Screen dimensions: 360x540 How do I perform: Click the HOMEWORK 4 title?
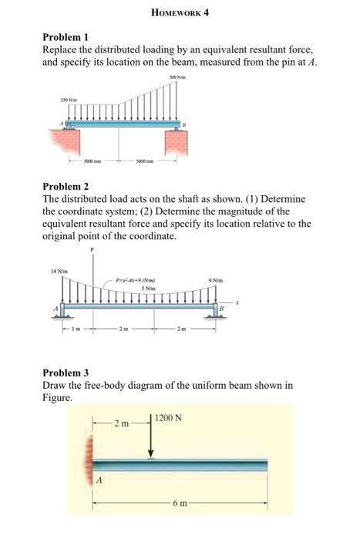point(180,14)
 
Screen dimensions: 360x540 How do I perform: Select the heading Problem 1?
point(66,37)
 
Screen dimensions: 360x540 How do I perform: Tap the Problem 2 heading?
point(66,187)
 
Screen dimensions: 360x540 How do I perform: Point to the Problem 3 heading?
point(66,373)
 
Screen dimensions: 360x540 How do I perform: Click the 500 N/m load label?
point(178,78)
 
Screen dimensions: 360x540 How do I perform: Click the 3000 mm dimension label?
point(94,162)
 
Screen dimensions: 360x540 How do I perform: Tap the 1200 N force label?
point(168,418)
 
